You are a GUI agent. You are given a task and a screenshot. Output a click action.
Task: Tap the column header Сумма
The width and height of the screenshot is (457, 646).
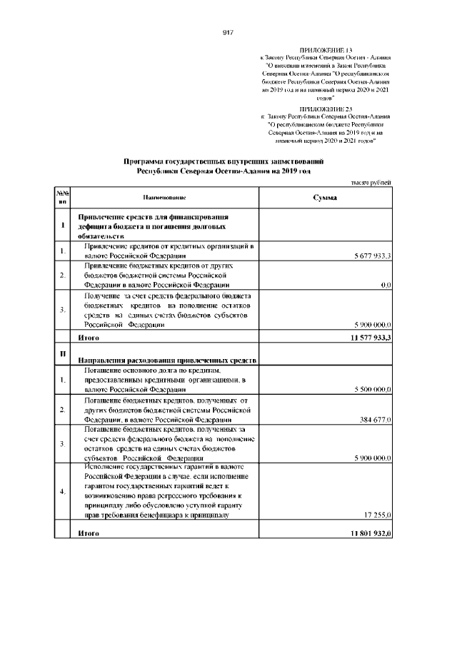click(x=325, y=198)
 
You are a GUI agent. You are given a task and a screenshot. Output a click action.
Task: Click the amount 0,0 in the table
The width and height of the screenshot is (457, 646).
click(x=386, y=285)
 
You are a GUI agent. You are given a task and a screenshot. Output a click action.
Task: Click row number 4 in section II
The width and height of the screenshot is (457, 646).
click(x=62, y=492)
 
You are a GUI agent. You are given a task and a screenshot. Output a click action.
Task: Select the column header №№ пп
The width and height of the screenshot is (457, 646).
click(x=62, y=198)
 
